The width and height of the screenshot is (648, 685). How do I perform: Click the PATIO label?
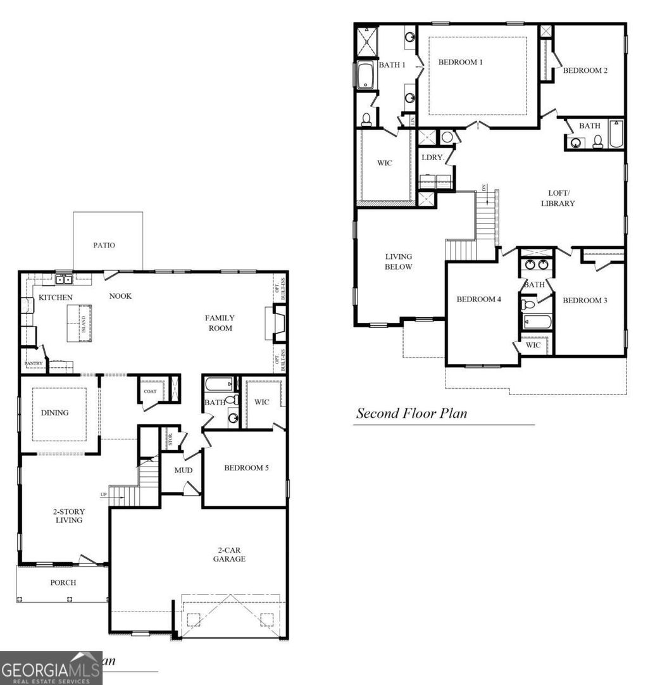coord(104,245)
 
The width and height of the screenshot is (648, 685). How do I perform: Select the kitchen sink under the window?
coord(63,279)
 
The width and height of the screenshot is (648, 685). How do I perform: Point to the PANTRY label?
coord(32,364)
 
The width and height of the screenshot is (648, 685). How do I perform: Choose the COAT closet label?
coord(149,391)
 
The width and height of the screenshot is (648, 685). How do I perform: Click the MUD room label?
coord(183,470)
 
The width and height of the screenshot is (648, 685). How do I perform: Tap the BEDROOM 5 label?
coord(246,468)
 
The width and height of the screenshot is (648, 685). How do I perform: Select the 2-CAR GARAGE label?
coord(229,554)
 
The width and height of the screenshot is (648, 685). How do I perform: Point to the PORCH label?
coord(63,582)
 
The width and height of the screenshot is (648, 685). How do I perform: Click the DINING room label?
coord(54,413)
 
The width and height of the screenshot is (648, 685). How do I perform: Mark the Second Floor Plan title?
coord(411,413)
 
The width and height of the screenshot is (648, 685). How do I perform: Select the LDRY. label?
coord(433,157)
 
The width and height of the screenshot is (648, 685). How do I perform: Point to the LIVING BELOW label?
coord(399,261)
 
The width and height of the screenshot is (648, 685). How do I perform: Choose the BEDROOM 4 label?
coord(479,299)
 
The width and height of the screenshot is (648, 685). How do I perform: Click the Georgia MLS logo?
coord(51,669)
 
